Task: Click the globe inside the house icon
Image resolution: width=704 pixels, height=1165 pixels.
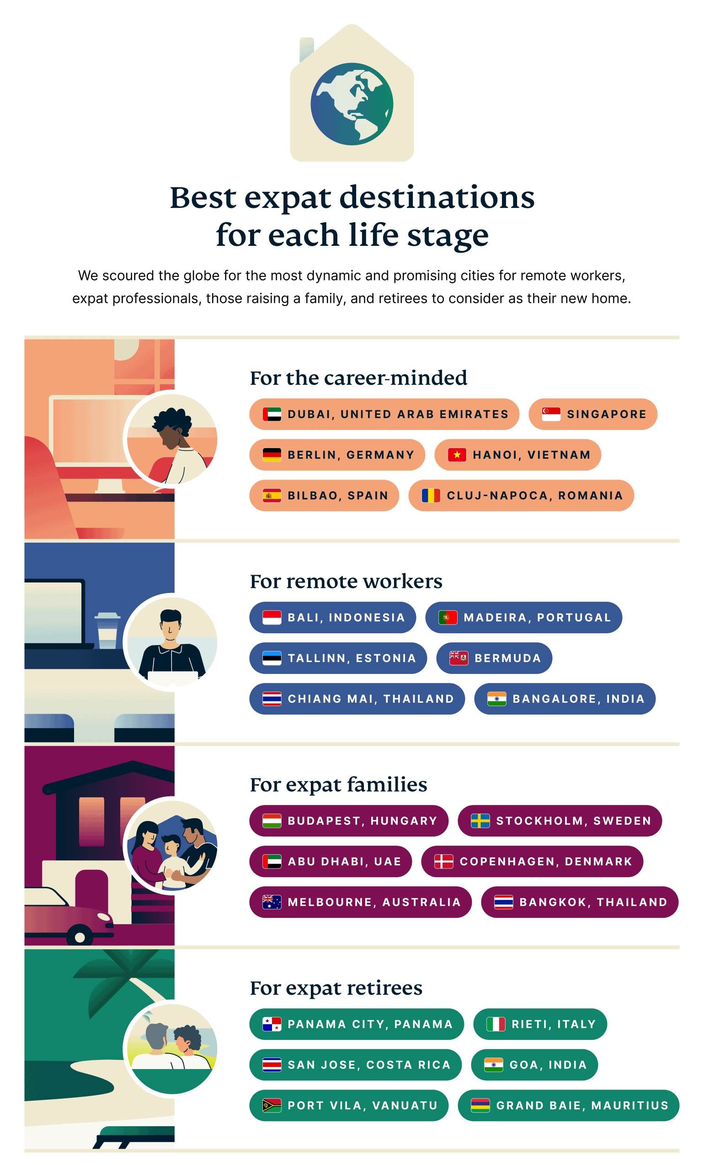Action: pos(352,104)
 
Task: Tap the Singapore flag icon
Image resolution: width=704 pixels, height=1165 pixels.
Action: pos(551,414)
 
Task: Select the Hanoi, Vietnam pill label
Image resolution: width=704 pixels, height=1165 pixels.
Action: pos(517,455)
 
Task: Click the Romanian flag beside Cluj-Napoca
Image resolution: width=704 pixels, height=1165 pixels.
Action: pos(431,496)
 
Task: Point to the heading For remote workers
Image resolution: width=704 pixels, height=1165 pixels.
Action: pos(346,581)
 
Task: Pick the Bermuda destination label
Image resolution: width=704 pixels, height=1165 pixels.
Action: pos(494,658)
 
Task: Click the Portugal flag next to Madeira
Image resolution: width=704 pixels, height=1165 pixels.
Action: pos(448,618)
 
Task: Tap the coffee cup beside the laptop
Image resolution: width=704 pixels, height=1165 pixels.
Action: pos(107,630)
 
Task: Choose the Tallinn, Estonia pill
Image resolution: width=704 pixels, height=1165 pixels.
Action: pos(338,658)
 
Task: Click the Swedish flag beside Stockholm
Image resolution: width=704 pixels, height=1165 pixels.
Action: pos(480,821)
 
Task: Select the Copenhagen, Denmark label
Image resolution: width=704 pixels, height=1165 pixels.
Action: pos(532,862)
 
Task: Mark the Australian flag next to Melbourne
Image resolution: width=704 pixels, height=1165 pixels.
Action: pos(272,902)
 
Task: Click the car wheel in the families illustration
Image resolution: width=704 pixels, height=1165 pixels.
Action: pos(80,937)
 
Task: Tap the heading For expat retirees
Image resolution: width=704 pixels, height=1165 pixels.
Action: pos(336,988)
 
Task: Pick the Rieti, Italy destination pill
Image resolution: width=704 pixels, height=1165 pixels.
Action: pos(540,1024)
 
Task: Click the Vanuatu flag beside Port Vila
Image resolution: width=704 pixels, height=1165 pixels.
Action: pos(272,1106)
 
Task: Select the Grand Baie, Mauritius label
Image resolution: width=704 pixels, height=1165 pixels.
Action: pos(568,1106)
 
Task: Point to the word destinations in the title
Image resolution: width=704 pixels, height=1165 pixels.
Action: pos(437,197)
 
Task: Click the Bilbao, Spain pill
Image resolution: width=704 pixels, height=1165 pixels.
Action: pos(324,496)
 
